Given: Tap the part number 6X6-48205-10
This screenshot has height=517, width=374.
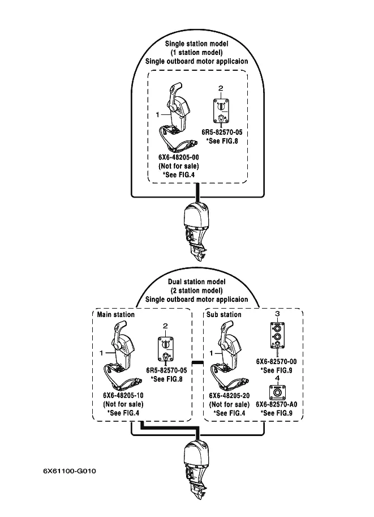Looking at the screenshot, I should coord(123,395).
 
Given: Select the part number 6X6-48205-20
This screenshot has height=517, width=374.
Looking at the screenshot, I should coord(229,395).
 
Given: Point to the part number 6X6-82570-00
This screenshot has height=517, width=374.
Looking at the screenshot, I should coord(277,361).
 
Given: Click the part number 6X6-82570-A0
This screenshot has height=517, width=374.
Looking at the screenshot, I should coord(277,405).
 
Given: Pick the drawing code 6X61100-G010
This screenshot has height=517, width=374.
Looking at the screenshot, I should coord(70,470).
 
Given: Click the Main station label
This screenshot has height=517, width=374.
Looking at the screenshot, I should coord(116,314).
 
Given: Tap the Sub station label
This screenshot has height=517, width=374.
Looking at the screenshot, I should coord(224,314).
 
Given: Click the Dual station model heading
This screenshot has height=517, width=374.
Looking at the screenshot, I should coord(197,281).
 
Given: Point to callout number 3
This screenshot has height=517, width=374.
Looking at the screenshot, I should coord(277,313).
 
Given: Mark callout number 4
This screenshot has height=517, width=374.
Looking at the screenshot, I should coord(277,378).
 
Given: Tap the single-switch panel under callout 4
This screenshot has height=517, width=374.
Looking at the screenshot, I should coord(277,392).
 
